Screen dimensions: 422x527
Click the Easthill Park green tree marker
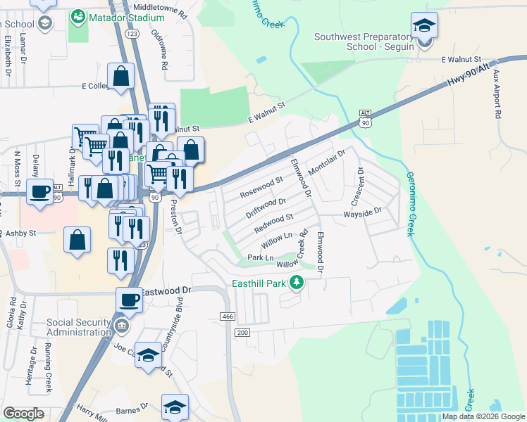point(297,283)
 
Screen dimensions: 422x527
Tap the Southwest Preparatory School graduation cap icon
point(424,27)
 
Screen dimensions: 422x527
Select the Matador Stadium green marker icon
point(77,15)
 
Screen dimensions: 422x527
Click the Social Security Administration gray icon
point(122,326)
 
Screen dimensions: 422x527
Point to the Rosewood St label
point(261,186)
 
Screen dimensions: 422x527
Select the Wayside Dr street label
point(361,212)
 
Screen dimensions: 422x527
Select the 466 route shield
point(227,317)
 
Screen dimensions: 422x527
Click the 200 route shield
point(242,332)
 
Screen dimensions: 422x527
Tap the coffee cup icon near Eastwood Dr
point(128,300)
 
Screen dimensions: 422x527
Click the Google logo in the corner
point(23,414)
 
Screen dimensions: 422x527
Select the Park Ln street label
point(261,258)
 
